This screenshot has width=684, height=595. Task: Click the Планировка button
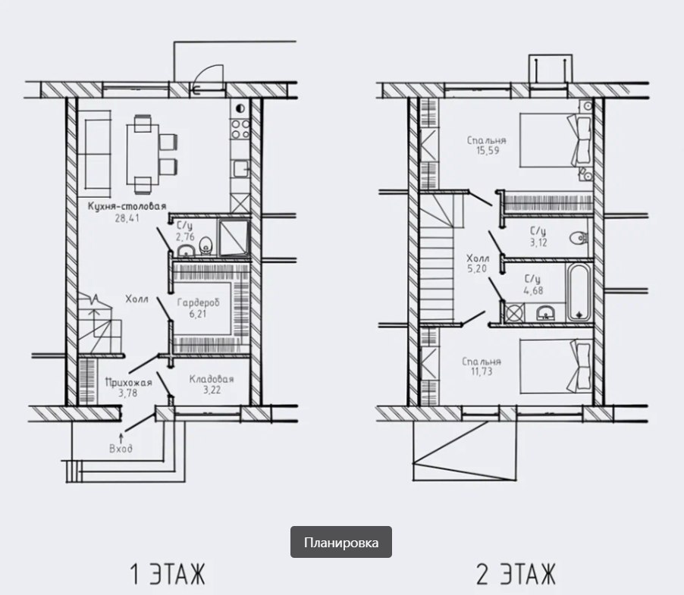click(x=341, y=542)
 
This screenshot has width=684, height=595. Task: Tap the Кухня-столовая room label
click(x=127, y=206)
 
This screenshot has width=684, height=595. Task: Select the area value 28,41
click(x=127, y=218)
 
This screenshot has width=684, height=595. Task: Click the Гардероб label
click(x=198, y=302)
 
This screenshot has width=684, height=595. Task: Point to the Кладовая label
click(x=212, y=379)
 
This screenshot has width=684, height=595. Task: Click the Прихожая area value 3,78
click(x=128, y=393)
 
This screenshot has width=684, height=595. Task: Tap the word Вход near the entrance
click(x=121, y=449)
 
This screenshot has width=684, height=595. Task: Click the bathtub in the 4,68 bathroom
click(x=579, y=293)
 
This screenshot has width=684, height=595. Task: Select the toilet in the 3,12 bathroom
click(x=579, y=238)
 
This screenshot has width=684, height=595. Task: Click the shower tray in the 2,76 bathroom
click(x=234, y=237)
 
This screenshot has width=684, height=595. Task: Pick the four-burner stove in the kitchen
click(x=240, y=129)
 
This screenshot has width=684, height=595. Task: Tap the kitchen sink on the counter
click(x=241, y=169)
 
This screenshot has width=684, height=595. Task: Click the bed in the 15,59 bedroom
click(x=556, y=140)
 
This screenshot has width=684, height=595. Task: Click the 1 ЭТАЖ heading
click(x=168, y=573)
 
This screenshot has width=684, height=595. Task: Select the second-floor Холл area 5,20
click(x=477, y=269)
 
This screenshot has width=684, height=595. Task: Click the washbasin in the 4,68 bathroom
click(x=545, y=312)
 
